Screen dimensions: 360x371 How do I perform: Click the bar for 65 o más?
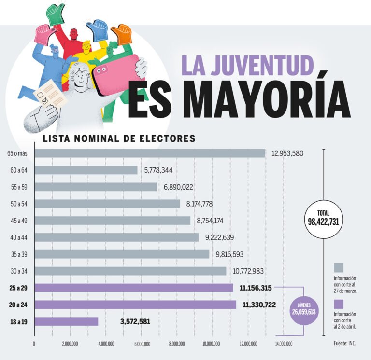(150, 153)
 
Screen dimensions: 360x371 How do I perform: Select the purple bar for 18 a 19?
(67, 321)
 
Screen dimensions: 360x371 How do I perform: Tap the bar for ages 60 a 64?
(86, 170)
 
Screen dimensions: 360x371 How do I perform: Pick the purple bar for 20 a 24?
(136, 305)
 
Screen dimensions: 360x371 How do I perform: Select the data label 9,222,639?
(224, 237)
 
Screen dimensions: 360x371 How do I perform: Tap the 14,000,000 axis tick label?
(284, 344)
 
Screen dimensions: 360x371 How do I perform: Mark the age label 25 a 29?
(19, 288)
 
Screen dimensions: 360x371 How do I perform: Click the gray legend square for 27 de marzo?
(339, 268)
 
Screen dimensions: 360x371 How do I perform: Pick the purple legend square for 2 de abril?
(339, 304)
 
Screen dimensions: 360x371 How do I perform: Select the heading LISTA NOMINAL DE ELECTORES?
(119, 138)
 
